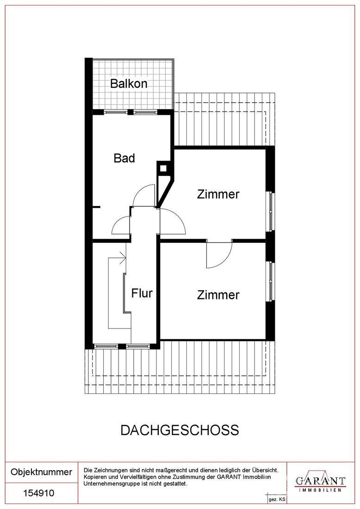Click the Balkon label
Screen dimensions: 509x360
pyautogui.click(x=129, y=84)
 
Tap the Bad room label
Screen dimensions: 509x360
pyautogui.click(x=124, y=158)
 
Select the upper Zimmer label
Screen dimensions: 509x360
pyautogui.click(x=218, y=194)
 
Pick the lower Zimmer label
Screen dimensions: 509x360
pyautogui.click(x=218, y=295)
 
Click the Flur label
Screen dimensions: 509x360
pyautogui.click(x=142, y=293)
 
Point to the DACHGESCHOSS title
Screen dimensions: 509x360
pyautogui.click(x=180, y=430)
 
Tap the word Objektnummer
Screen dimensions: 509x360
pyautogui.click(x=41, y=472)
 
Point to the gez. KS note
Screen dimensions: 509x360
pyautogui.click(x=276, y=500)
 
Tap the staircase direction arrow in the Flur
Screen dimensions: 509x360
pyautogui.click(x=123, y=258)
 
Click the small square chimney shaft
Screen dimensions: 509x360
pyautogui.click(x=163, y=169)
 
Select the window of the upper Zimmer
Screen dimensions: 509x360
pyautogui.click(x=272, y=211)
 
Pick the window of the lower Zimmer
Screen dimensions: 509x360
pyautogui.click(x=272, y=281)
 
